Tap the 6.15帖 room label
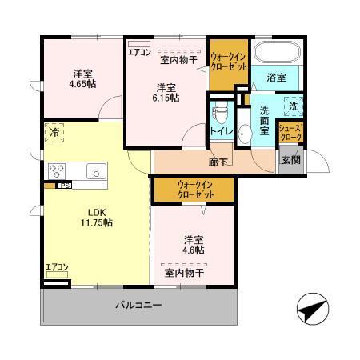click(166, 92)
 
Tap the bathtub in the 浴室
click(276, 54)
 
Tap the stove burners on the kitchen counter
click(58, 170)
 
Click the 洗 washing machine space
click(292, 105)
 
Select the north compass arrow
click(311, 306)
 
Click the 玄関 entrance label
click(290, 158)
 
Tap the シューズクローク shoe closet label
click(290, 133)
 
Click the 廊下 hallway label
click(218, 162)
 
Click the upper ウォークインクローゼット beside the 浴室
click(227, 62)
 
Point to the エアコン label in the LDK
click(56, 267)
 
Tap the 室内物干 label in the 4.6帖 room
click(184, 273)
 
